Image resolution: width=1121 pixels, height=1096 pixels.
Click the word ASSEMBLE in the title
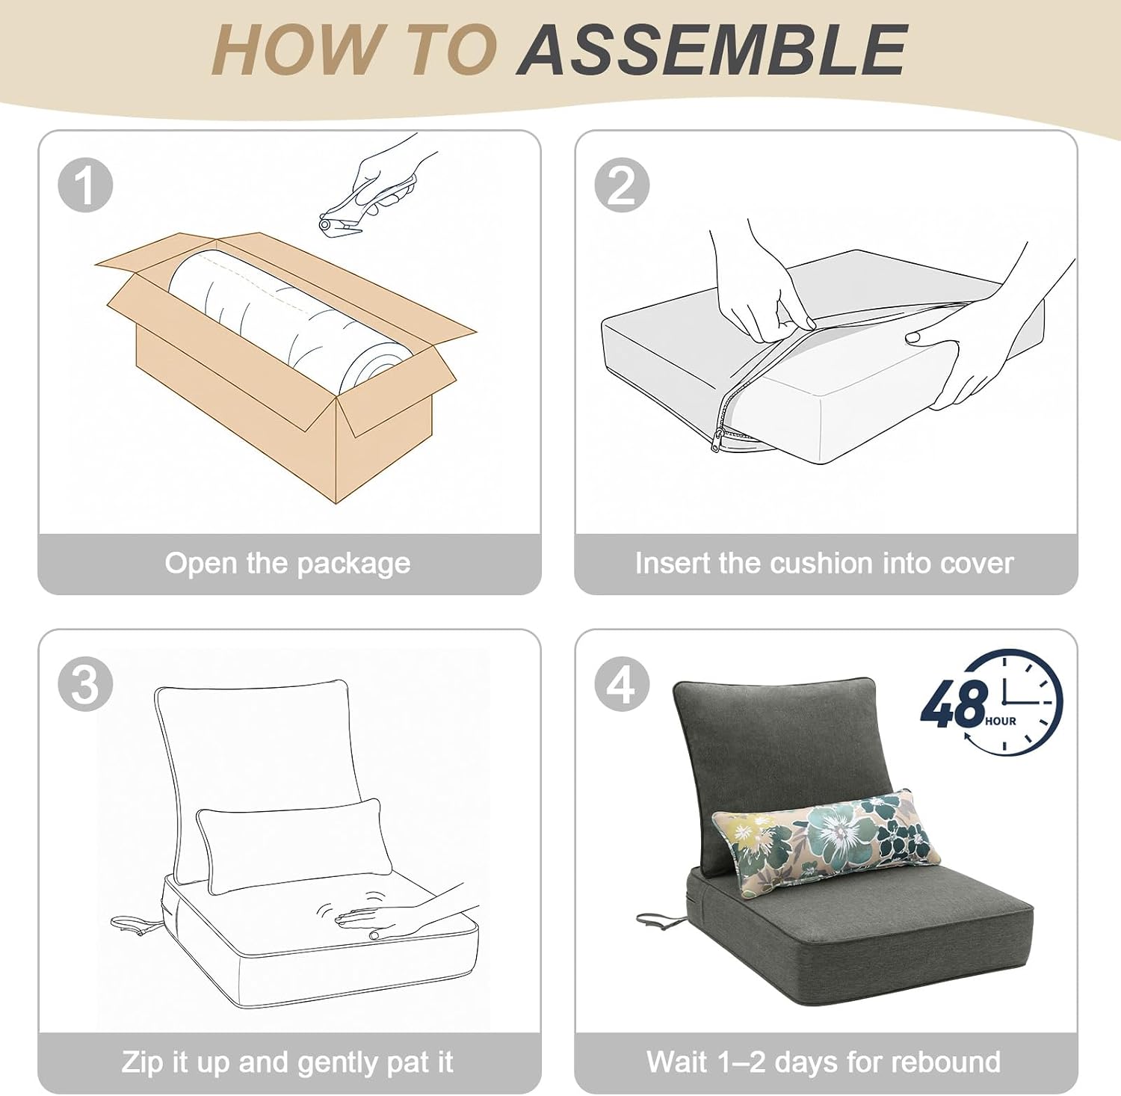coord(712,49)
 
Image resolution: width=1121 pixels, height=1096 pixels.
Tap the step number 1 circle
coord(85,185)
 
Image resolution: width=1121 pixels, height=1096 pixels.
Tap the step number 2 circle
coord(622,185)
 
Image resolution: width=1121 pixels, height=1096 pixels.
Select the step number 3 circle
coord(85,684)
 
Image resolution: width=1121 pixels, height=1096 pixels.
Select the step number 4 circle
coord(622,684)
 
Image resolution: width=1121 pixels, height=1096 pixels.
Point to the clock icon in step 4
coord(1013,703)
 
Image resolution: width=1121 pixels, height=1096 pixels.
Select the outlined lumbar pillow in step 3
coord(294,845)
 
